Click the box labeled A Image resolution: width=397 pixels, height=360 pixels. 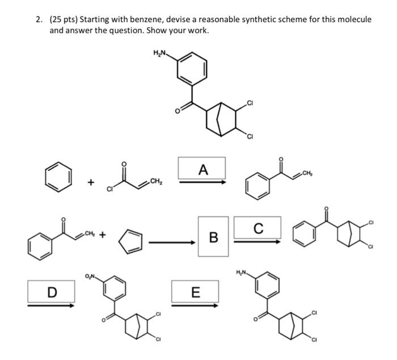click(202, 168)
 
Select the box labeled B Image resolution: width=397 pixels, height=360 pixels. click(213, 236)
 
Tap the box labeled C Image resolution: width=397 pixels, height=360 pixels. click(257, 229)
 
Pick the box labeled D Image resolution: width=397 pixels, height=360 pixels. click(52, 292)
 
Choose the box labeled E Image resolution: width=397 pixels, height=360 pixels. click(195, 292)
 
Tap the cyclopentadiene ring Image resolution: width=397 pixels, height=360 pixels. click(130, 241)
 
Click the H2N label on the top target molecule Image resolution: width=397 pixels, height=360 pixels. click(160, 53)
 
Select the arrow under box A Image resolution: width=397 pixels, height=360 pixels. click(202, 182)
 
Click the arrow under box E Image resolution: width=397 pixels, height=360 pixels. click(195, 306)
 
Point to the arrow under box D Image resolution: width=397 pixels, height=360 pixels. click(52, 305)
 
